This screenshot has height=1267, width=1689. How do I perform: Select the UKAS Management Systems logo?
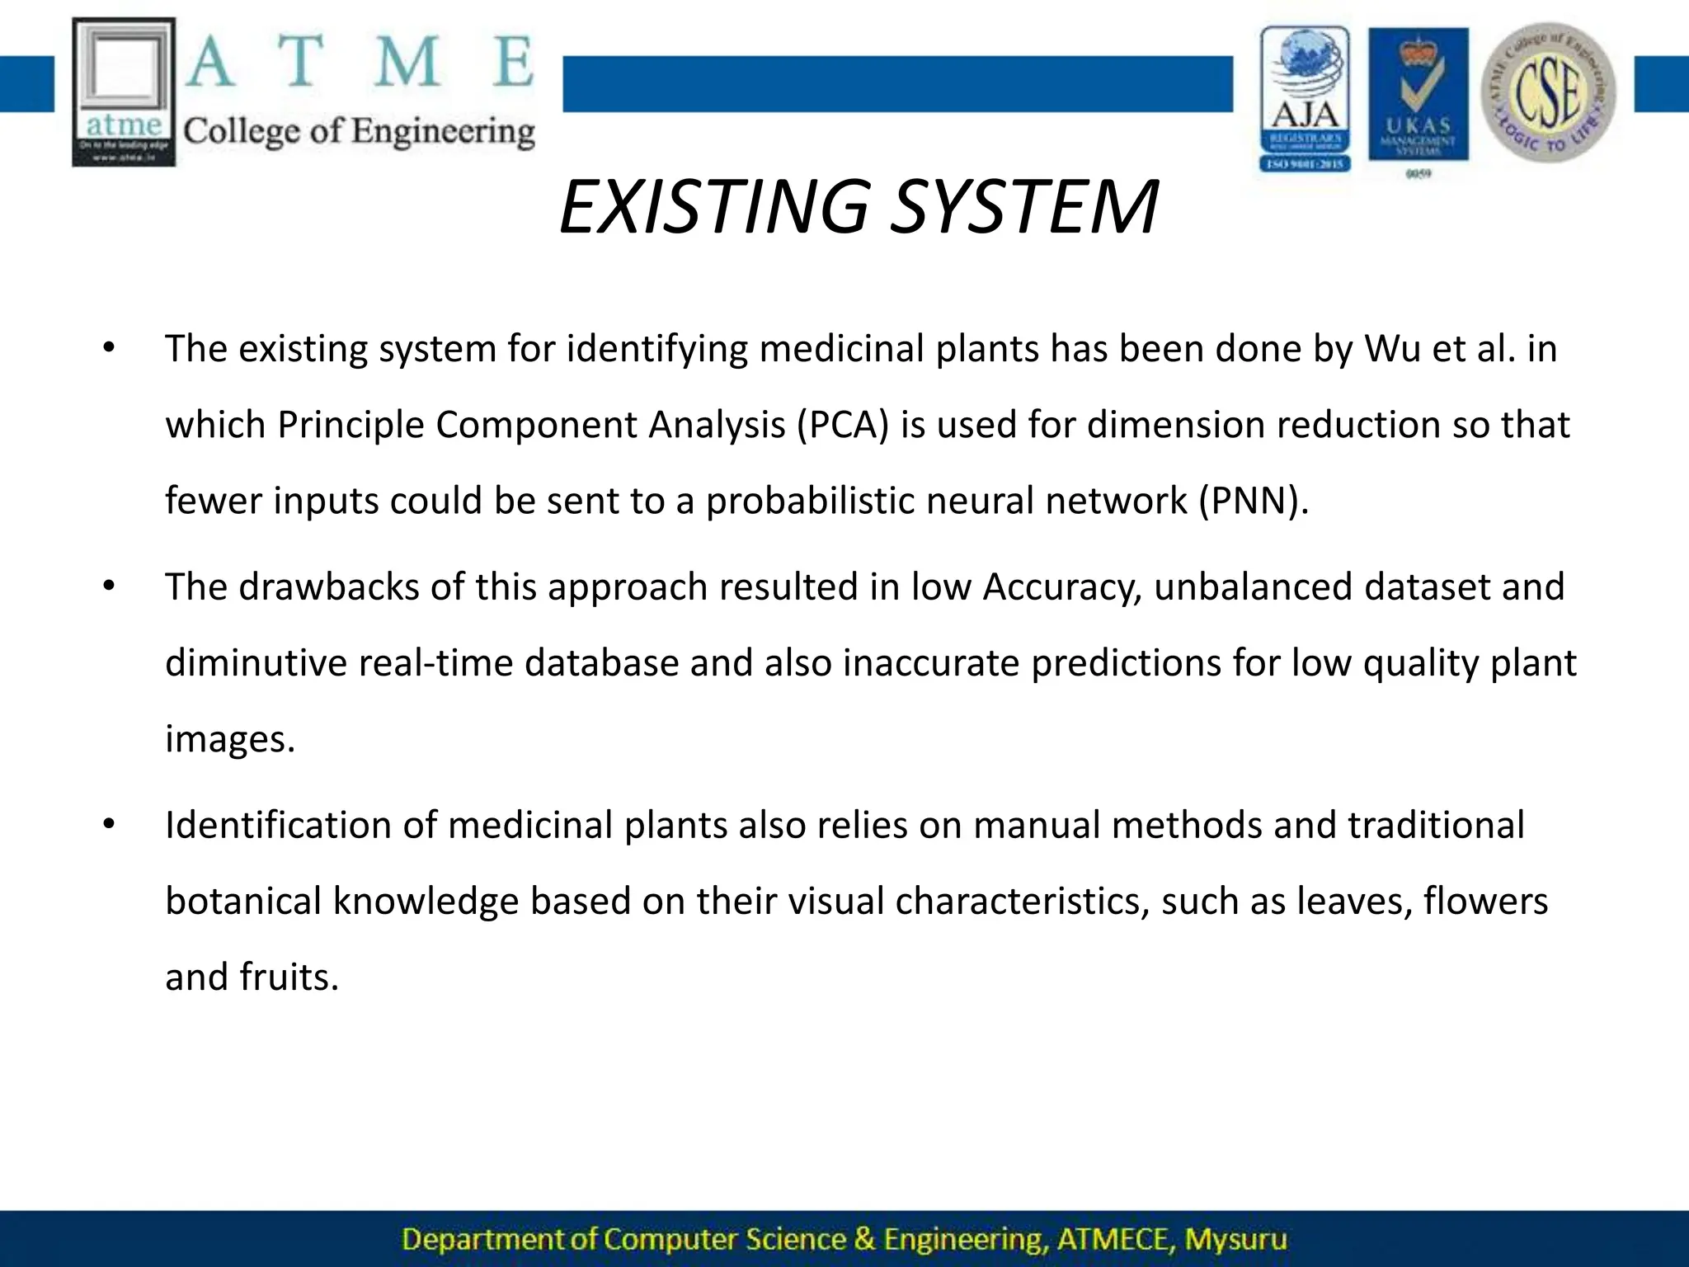pyautogui.click(x=1418, y=95)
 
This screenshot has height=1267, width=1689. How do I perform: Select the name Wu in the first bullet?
pyautogui.click(x=1392, y=349)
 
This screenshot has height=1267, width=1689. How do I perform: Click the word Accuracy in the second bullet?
pyautogui.click(x=1062, y=587)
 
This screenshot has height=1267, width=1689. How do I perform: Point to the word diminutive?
pyautogui.click(x=256, y=663)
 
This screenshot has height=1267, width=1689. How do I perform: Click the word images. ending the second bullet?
pyautogui.click(x=229, y=739)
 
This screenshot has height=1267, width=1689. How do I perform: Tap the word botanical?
pyautogui.click(x=242, y=901)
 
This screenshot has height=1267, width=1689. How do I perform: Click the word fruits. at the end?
pyautogui.click(x=289, y=977)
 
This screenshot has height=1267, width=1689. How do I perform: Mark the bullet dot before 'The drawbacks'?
pyautogui.click(x=109, y=587)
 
